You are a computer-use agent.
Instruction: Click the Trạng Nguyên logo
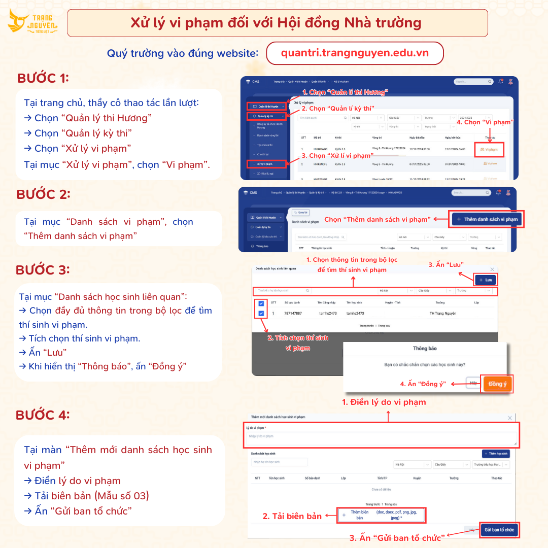[x=33, y=22]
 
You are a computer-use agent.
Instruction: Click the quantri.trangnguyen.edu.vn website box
[x=355, y=53]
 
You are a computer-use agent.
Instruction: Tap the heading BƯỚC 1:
[x=43, y=78]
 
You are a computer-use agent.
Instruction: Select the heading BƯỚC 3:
[x=43, y=269]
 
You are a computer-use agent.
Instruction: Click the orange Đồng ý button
[x=497, y=384]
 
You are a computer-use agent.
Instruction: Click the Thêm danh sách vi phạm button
[x=487, y=219]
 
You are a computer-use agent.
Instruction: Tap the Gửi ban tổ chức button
[x=499, y=530]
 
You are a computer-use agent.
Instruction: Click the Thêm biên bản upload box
[x=382, y=515]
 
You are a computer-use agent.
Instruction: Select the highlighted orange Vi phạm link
[x=489, y=150]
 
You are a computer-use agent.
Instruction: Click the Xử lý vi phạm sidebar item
[x=266, y=164]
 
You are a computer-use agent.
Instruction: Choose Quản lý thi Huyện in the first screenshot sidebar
[x=266, y=107]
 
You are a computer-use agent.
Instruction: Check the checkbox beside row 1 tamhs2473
[x=261, y=314]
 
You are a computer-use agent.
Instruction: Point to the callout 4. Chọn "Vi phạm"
[x=485, y=122]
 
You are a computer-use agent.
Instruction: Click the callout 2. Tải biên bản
[x=292, y=516]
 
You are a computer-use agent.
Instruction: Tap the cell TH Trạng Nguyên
[x=442, y=314]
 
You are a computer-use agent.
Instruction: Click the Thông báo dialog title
[x=424, y=349]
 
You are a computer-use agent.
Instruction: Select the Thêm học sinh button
[x=496, y=454]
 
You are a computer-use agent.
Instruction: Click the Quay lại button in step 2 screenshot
[x=300, y=213]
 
